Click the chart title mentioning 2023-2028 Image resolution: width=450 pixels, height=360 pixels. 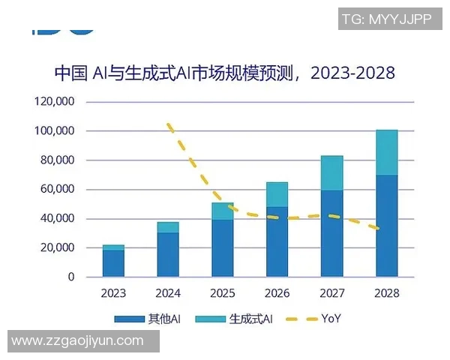click(x=225, y=73)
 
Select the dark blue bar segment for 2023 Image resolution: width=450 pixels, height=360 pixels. click(x=114, y=263)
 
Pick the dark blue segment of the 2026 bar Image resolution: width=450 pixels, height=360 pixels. click(x=277, y=241)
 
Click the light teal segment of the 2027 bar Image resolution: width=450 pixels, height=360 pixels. click(x=332, y=173)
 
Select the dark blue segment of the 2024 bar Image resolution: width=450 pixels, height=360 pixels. click(x=168, y=254)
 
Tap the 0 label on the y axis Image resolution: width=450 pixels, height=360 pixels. click(x=71, y=277)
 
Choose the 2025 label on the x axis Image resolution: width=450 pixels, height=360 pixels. click(x=223, y=293)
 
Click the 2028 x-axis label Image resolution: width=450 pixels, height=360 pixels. click(x=387, y=293)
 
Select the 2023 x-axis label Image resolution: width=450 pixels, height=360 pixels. click(x=113, y=293)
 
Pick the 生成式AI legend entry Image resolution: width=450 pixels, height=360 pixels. click(x=235, y=319)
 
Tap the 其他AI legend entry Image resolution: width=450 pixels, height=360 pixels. click(x=149, y=319)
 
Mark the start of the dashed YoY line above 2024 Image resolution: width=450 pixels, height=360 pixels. click(x=169, y=124)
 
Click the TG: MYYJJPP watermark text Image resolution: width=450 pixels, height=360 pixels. click(x=386, y=19)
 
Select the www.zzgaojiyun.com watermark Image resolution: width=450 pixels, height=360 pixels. click(x=78, y=341)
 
